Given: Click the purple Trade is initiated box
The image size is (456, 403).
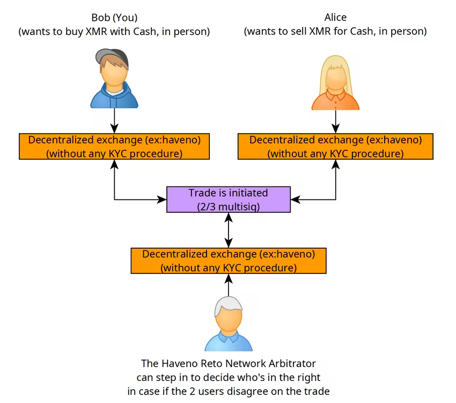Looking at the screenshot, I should click(229, 199).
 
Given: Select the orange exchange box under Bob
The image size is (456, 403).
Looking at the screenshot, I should click(114, 146).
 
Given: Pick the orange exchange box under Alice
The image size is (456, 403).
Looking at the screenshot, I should click(336, 146).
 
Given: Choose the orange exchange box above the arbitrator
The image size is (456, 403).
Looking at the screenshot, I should click(229, 260).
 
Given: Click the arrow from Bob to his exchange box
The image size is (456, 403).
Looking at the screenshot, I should click(114, 119).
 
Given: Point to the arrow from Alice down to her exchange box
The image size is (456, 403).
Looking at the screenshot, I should click(336, 119).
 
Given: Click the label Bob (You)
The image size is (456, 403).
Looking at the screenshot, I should click(114, 18).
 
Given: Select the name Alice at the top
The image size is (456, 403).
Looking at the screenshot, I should click(335, 18).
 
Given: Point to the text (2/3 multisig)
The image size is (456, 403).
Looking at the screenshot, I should click(229, 205).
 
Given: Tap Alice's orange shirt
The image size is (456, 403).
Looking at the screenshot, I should click(336, 99).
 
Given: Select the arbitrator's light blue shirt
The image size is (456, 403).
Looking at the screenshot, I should click(229, 341).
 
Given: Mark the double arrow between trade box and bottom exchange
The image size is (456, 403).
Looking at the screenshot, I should click(229, 229).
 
